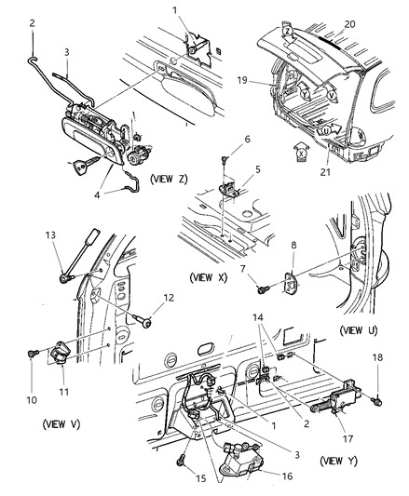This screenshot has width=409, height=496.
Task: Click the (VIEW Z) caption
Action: tap(169, 179)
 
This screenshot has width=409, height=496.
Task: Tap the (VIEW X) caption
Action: tap(209, 277)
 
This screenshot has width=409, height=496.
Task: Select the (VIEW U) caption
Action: tap(359, 330)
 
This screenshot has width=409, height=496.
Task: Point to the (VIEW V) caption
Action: tap(61, 423)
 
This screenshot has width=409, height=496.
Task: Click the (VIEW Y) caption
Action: tap(339, 461)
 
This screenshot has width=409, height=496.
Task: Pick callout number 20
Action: tap(349, 24)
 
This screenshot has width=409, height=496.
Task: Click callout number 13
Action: tap(50, 235)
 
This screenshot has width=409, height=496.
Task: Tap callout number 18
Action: tap(377, 357)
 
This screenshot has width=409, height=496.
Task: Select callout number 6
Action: tap(247, 140)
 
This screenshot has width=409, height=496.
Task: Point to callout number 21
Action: tap(325, 172)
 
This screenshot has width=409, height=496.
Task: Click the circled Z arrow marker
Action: tap(287, 32)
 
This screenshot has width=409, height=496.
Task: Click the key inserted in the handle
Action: tap(85, 163)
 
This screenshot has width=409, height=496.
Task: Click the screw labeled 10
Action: tap(33, 353)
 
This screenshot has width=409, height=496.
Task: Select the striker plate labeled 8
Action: tap(290, 284)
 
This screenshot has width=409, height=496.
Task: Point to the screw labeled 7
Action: tap(264, 289)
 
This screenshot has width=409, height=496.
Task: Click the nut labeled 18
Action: tap(377, 402)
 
